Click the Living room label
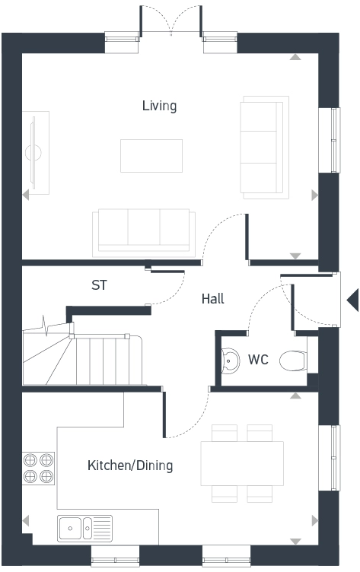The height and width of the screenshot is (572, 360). (159, 106)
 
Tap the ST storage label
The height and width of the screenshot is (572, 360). (99, 286)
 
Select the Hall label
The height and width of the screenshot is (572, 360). (212, 299)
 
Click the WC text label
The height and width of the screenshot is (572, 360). (258, 360)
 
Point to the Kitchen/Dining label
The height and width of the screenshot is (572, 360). (130, 466)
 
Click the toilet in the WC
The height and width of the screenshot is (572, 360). (292, 360)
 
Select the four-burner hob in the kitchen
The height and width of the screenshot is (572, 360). (39, 468)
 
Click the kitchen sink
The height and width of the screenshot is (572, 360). (84, 526)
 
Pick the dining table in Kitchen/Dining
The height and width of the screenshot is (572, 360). (242, 463)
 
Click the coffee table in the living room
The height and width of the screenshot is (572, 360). (151, 155)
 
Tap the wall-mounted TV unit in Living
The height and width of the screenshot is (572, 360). (34, 150)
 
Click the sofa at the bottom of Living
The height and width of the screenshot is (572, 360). (142, 231)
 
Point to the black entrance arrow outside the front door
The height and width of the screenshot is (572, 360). (352, 300)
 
